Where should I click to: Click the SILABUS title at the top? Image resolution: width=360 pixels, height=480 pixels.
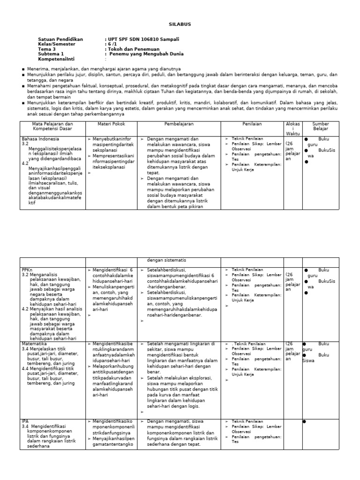pyautogui.click(x=180, y=24)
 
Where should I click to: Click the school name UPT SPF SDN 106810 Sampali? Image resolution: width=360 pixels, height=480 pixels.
pyautogui.click(x=144, y=39)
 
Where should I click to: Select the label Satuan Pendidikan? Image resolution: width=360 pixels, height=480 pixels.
pyautogui.click(x=60, y=39)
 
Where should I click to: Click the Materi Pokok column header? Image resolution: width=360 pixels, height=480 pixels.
pyautogui.click(x=110, y=124)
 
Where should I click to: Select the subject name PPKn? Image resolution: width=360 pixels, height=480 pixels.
pyautogui.click(x=27, y=270)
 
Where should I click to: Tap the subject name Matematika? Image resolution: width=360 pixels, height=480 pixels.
pyautogui.click(x=34, y=344)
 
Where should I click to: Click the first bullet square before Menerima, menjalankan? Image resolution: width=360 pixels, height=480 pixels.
pyautogui.click(x=23, y=69)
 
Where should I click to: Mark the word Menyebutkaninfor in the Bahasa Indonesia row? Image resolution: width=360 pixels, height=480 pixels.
pyautogui.click(x=113, y=139)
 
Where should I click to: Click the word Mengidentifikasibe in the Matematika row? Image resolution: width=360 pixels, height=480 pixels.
pyautogui.click(x=112, y=344)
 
